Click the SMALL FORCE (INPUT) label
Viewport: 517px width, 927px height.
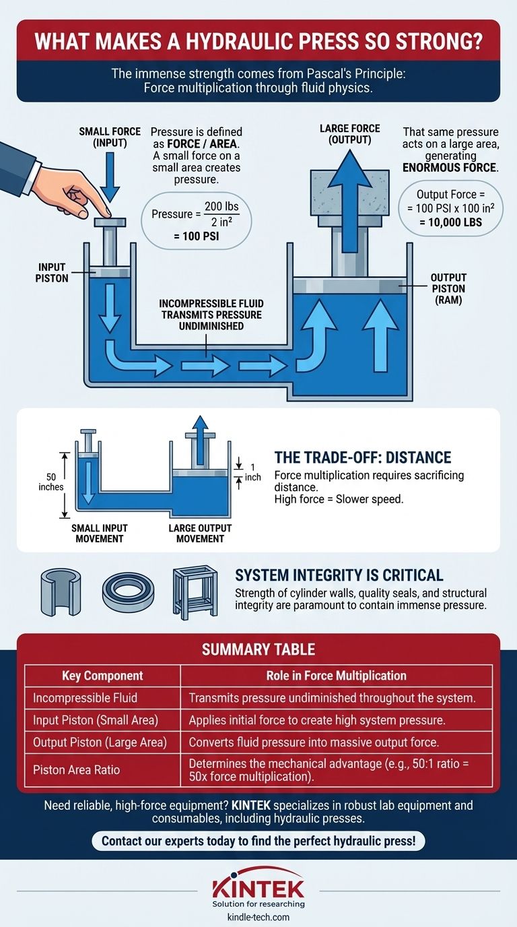[x=104, y=137]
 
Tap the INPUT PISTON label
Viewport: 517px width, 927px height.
[x=53, y=273]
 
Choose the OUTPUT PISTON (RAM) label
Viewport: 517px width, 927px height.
[x=448, y=288]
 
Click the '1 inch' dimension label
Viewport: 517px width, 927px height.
[x=252, y=472]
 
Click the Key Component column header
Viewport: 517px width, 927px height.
[x=102, y=676]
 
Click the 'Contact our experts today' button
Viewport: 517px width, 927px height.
[x=258, y=841]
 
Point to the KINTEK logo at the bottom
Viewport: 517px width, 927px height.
[x=258, y=887]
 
